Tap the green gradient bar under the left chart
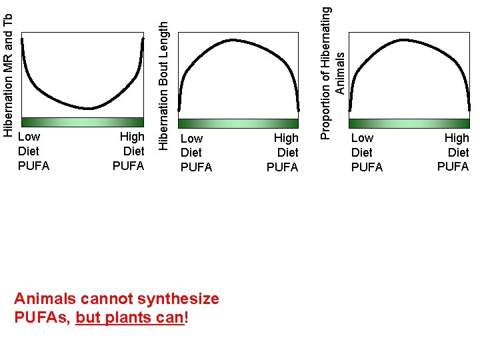coord(83,122)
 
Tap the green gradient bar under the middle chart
coord(238,123)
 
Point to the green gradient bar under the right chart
coord(409,123)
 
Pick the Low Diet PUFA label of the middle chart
coord(196,153)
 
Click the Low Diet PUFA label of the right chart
coord(367,153)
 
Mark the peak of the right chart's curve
coord(402,40)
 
